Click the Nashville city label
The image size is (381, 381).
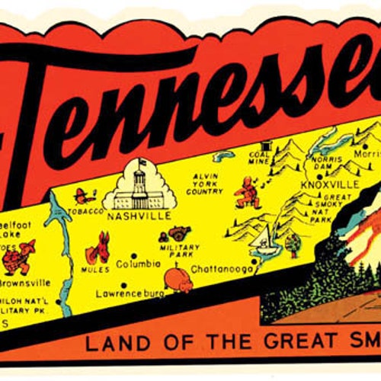point(139,216)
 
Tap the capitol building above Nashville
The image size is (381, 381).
point(140,187)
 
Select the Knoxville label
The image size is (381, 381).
point(329,184)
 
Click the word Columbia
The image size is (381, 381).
point(138,264)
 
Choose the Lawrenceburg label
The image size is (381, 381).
point(130,292)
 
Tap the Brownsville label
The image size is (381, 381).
point(25,282)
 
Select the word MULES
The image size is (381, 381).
point(98,270)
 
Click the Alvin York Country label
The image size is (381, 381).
point(205,183)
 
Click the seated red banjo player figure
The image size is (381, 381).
point(246,192)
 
